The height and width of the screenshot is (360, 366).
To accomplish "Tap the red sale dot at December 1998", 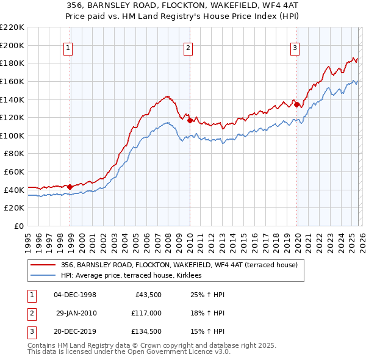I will tap(70, 187).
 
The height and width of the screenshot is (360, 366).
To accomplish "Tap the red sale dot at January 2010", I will tap(190, 120).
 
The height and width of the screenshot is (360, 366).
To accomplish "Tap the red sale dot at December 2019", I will tap(296, 104).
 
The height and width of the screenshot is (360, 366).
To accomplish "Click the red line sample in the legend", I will tap(43, 265).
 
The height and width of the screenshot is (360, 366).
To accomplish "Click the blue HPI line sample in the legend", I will tap(43, 276).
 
